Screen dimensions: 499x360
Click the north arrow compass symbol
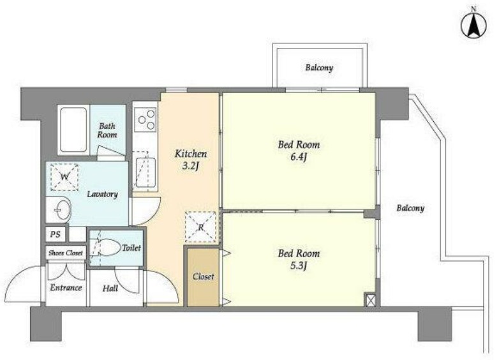coord(473,26)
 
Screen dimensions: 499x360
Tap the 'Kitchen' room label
coord(191,154)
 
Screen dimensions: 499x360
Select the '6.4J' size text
coord(298,157)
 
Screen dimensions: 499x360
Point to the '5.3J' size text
coord(298,266)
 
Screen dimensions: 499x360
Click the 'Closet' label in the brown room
coord(203,276)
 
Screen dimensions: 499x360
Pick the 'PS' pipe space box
coord(56,235)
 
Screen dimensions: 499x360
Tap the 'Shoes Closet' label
coord(66,253)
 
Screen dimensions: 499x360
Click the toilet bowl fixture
coord(107,247)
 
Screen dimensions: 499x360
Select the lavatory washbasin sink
coord(59,209)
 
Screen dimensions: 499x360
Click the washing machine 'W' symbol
coord(64,177)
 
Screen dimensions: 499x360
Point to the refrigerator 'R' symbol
coord(201,227)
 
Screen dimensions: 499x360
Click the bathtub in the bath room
coord(73,130)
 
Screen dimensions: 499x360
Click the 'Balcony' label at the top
coord(319,68)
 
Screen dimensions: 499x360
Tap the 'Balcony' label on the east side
coord(410,208)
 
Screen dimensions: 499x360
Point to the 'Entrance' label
coord(66,288)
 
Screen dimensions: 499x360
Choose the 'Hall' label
coord(110,289)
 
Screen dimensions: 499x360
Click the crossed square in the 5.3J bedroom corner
coord(370,299)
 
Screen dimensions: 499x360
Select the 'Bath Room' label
coord(107,130)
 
